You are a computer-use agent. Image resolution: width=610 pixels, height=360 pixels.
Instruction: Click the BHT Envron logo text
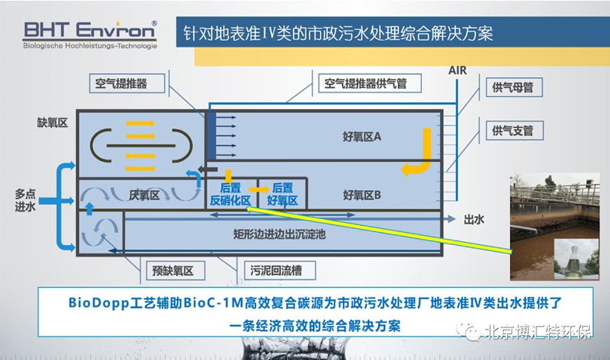pos(90,31)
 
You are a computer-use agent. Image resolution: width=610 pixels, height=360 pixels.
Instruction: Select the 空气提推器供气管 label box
pos(363,84)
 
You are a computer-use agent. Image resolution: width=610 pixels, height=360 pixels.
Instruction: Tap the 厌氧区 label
pos(144,196)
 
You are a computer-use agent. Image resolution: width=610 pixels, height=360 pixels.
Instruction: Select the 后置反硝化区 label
pos(230,194)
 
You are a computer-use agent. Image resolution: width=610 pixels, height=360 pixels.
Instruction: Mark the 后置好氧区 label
pos(282,194)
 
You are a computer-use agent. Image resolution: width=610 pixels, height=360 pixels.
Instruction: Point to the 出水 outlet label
pos(474,219)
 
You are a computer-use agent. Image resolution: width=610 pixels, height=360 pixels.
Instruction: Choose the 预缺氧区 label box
pos(173,271)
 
